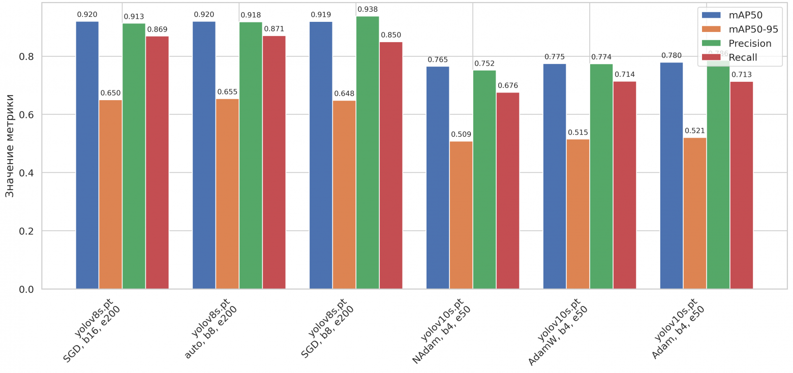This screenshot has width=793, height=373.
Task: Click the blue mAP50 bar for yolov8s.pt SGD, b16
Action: (87, 155)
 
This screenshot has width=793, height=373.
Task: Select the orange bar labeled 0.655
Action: (227, 194)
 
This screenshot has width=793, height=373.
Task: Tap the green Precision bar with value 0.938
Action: (368, 152)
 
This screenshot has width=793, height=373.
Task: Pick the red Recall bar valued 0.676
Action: (508, 191)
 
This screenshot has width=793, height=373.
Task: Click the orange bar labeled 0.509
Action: (461, 215)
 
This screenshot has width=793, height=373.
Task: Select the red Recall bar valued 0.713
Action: (742, 185)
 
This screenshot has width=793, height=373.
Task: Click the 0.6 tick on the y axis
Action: (26, 115)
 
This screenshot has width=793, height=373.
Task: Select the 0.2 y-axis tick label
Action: (26, 231)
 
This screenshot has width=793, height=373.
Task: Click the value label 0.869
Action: (157, 29)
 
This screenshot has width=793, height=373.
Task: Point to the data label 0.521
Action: (695, 131)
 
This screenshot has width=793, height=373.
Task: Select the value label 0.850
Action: (391, 35)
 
